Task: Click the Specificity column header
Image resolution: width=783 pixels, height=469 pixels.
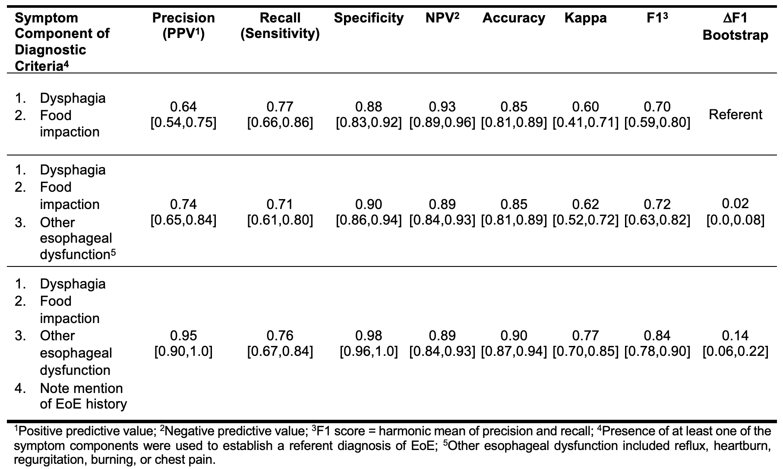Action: point(369,18)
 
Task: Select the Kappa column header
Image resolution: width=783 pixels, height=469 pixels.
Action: point(585,18)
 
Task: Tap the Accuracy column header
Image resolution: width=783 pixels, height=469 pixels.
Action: point(514,18)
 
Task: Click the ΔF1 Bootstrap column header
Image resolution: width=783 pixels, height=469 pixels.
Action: point(736,26)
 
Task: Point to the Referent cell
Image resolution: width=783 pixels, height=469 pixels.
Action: point(736,114)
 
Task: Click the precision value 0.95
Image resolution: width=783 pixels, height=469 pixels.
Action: point(183,336)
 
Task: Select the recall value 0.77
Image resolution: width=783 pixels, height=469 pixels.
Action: point(280,107)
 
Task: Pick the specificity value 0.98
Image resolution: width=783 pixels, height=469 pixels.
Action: point(369,336)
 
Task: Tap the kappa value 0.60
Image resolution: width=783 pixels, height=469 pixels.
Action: point(585,107)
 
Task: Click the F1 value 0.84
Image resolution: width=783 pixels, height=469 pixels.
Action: point(657,336)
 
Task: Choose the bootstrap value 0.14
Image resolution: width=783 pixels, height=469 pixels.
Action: point(736,336)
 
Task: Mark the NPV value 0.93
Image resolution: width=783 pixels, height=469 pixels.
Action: point(442,107)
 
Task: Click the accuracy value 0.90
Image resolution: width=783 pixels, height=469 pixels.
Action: point(514,336)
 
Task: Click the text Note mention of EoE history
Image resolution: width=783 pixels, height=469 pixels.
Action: point(83,396)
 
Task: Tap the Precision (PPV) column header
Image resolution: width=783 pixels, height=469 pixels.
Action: point(183,25)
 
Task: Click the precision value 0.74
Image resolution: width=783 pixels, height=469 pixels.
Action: point(183,204)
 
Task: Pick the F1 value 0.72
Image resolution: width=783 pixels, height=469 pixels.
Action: point(657,204)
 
